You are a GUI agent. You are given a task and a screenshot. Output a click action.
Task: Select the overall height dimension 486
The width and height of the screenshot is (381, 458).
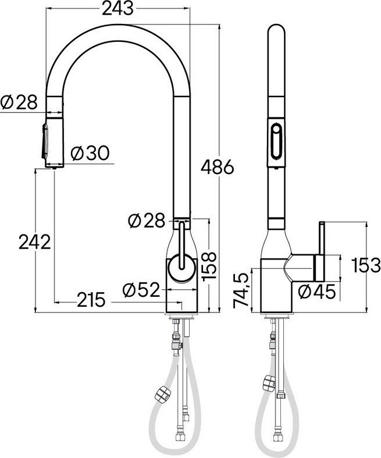coord(217,167)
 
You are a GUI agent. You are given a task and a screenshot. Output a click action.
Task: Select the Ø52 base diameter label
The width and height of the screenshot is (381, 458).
coord(141,289)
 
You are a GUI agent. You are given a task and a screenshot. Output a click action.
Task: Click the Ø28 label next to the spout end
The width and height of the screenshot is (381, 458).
coord(19,102)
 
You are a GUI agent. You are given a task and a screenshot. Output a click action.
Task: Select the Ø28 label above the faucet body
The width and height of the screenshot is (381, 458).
coord(145,221)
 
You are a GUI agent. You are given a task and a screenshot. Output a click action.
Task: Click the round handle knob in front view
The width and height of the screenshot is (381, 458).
coord(183,269)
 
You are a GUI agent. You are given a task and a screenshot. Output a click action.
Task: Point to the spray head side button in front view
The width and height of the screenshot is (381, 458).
coord(44,140)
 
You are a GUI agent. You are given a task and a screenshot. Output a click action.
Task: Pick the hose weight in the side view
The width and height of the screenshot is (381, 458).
coord(268,384)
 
